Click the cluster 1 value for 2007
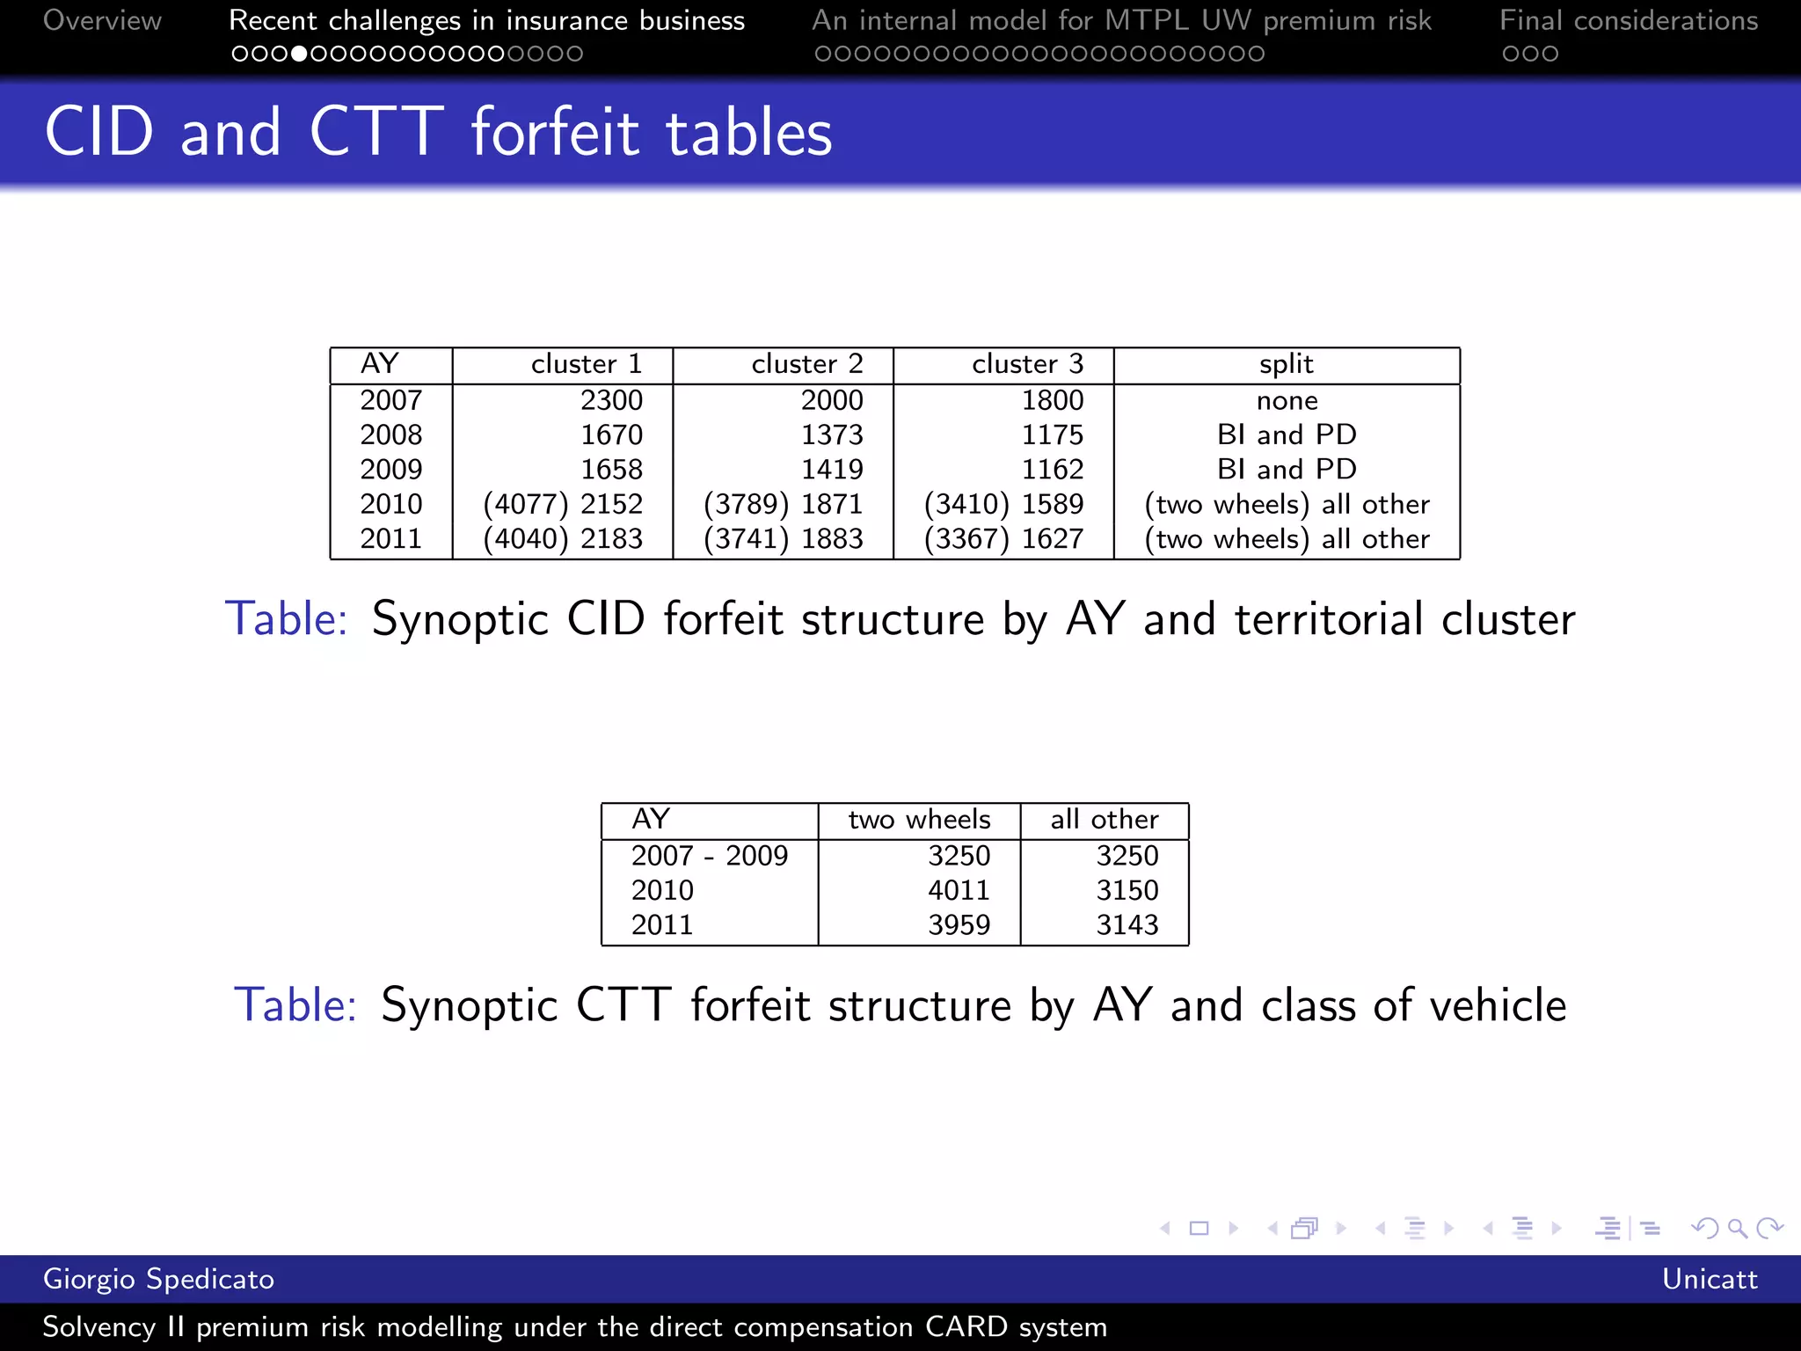pos(611,400)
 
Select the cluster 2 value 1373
pos(832,435)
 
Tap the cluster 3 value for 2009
pos(1052,469)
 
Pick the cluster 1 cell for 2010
pos(563,504)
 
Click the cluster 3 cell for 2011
pos(1003,538)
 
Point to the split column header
pos(1286,364)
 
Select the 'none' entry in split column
pos(1287,401)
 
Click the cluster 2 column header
pos(806,364)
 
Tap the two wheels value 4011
pos(959,890)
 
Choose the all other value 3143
pos(1127,924)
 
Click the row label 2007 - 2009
pos(709,856)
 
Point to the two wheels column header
pos(919,820)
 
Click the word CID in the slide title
pos(99,132)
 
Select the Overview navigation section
pos(102,20)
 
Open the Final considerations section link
pos(1628,20)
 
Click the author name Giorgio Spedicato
pos(158,1279)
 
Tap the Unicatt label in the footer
pos(1709,1279)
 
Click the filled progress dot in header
pos(299,55)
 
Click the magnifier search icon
pos(1737,1228)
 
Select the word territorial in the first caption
pos(1328,619)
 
